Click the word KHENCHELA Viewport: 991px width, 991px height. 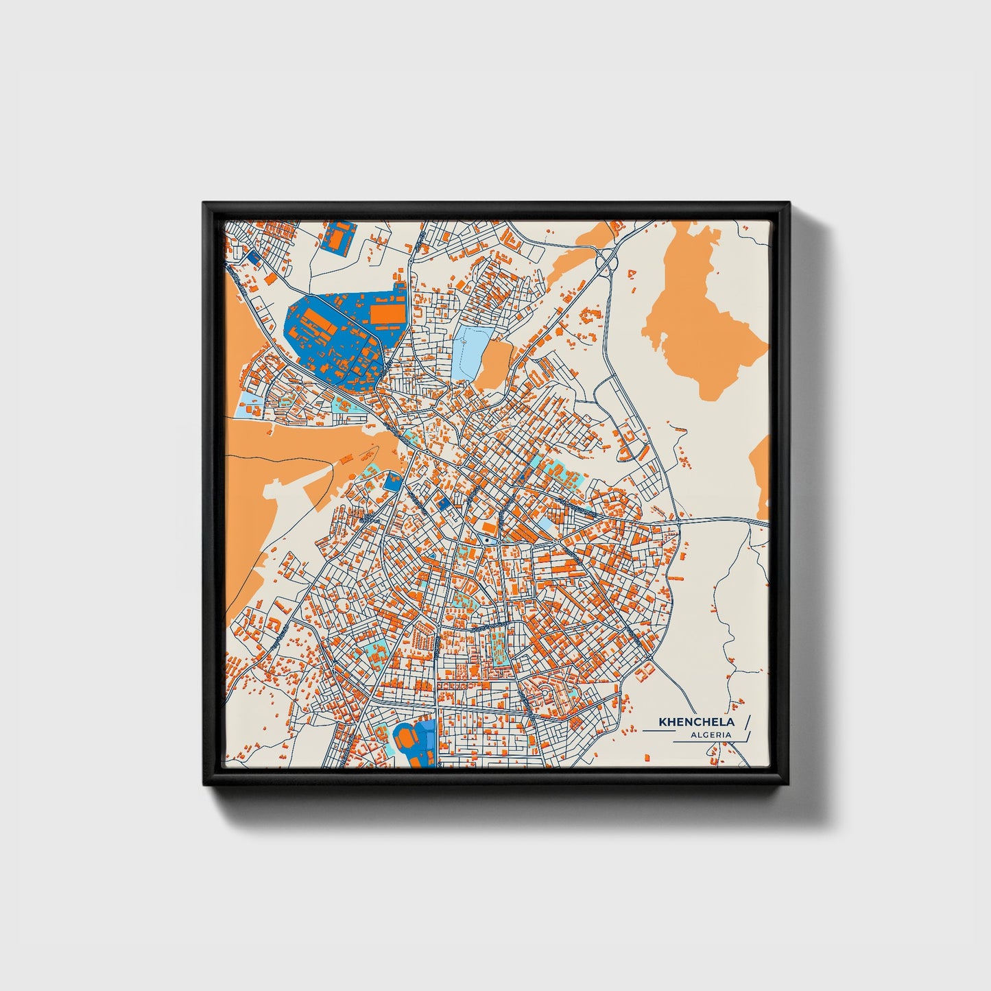click(696, 722)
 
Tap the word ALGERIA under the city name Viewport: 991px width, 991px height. click(711, 735)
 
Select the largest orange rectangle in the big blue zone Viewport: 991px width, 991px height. click(384, 313)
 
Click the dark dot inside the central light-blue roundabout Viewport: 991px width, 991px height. click(486, 541)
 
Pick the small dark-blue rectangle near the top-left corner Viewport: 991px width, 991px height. click(254, 256)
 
